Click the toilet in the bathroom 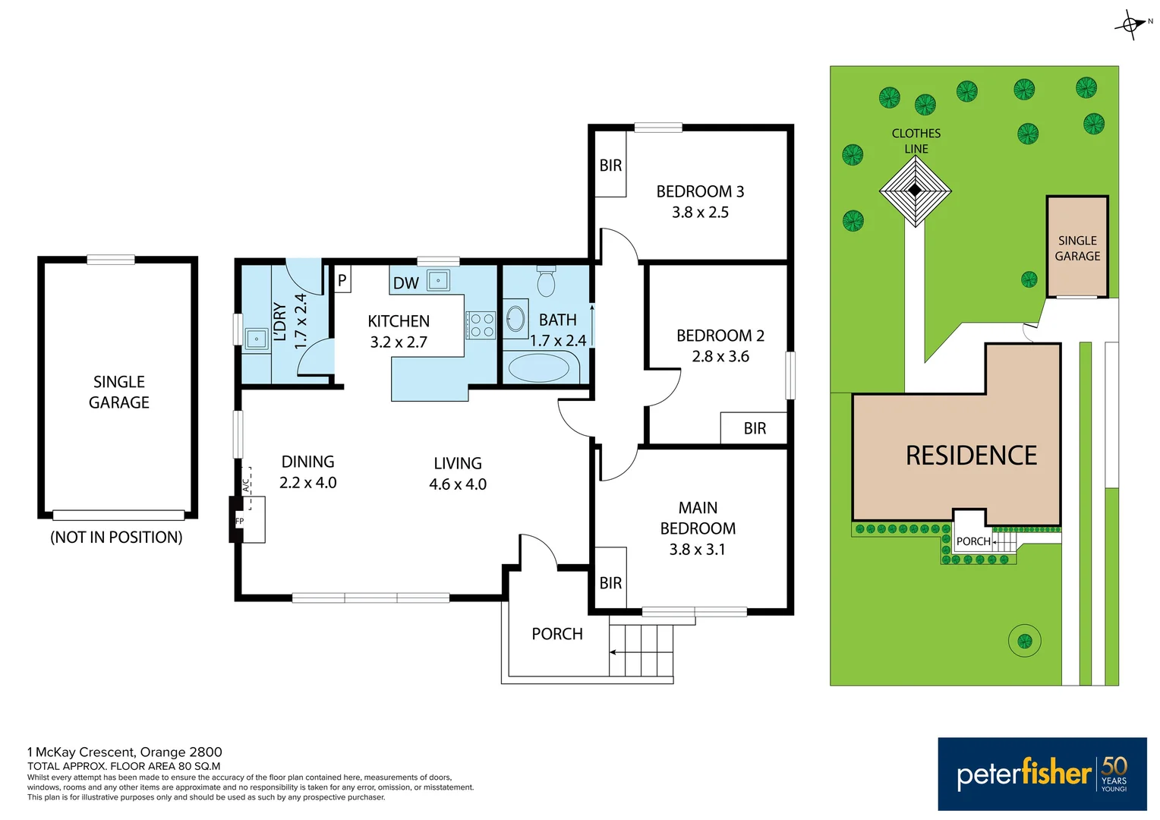point(546,282)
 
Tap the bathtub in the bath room point(538,368)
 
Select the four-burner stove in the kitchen point(481,325)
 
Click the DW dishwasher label point(405,283)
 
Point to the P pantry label point(342,280)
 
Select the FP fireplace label point(239,522)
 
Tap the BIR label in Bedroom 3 point(610,166)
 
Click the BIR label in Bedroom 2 point(755,428)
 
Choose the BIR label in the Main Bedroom point(610,583)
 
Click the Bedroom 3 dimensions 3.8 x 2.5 point(700,213)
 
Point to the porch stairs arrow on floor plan point(613,651)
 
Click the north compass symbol point(1130,24)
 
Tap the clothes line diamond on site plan point(916,191)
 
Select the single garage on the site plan point(1077,248)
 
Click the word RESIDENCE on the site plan point(971,456)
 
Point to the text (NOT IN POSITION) point(116,538)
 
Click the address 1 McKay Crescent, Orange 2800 point(125,752)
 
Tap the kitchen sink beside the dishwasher point(438,280)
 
